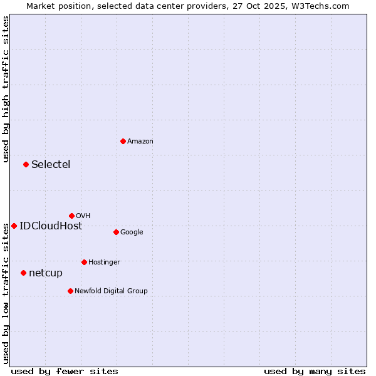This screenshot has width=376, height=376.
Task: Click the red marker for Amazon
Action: (x=123, y=141)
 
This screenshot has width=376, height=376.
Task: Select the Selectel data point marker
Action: (x=26, y=164)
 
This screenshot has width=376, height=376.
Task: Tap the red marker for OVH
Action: (x=71, y=216)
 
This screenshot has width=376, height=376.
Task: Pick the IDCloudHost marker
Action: (x=14, y=226)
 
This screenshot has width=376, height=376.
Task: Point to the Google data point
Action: (x=116, y=232)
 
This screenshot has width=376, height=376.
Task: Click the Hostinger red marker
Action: (x=84, y=262)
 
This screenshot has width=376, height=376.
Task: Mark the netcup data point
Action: (x=23, y=273)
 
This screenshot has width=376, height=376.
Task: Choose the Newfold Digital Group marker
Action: (x=70, y=291)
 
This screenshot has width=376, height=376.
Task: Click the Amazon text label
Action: (x=140, y=142)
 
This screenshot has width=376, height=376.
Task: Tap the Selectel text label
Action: (x=51, y=165)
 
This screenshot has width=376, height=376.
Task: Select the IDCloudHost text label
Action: (x=51, y=226)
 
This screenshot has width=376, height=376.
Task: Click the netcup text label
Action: (x=46, y=273)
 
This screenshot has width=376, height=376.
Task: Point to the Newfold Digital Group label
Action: (x=111, y=291)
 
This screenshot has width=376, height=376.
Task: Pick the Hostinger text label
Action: (x=104, y=262)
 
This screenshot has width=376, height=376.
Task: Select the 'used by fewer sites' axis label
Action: (x=65, y=371)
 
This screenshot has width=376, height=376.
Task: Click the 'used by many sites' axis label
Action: (x=315, y=371)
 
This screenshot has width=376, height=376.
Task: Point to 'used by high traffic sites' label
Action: (x=6, y=89)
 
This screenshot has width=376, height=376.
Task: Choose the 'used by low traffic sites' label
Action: (x=6, y=293)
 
